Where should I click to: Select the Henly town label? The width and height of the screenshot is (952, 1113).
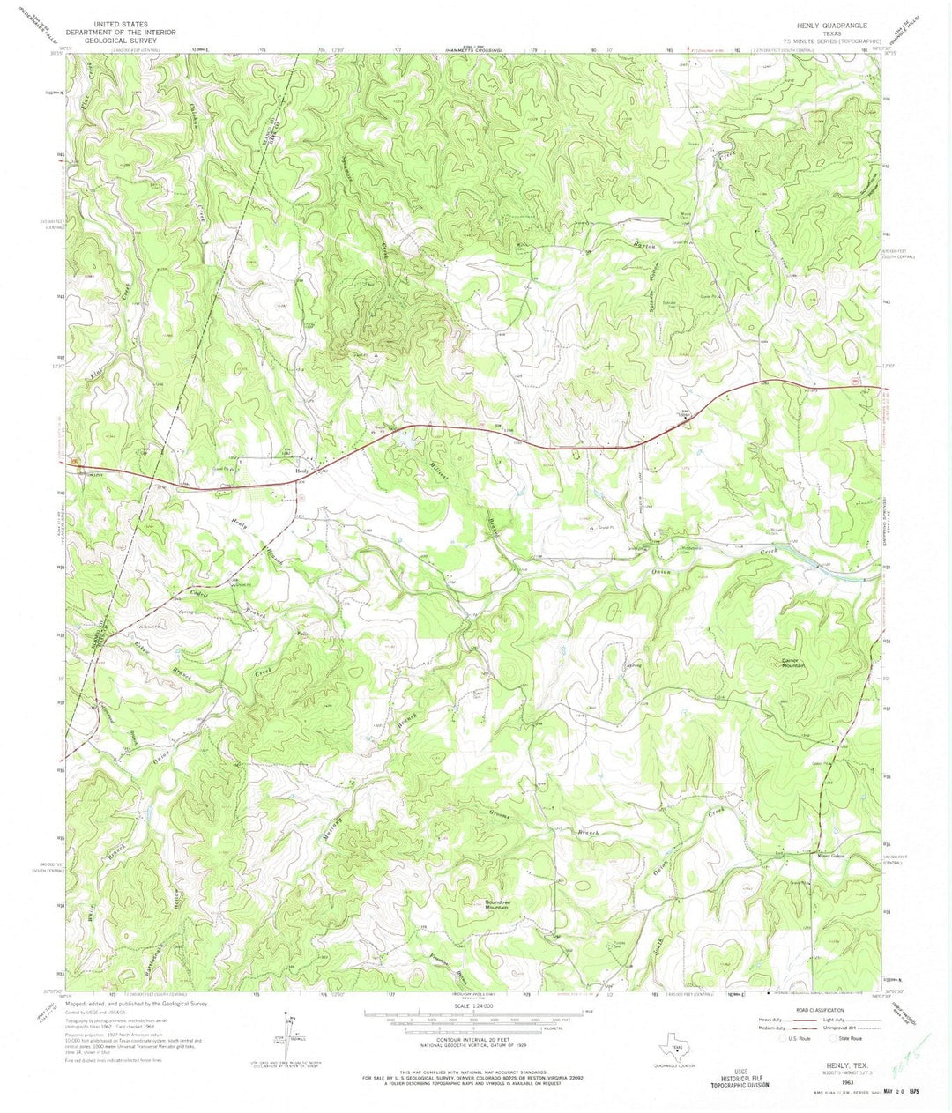point(303,471)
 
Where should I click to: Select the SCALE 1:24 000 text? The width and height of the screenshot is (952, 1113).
point(475,1006)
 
